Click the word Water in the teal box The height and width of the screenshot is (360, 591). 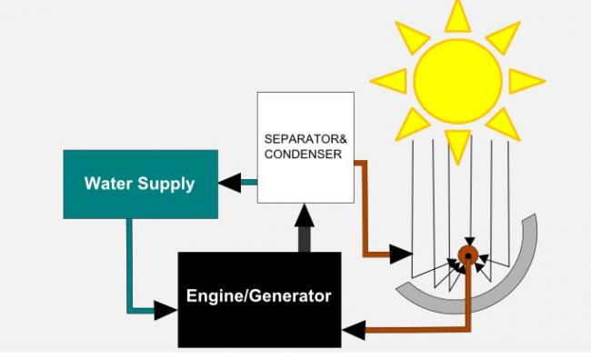coord(108,184)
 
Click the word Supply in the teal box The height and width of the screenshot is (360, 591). coord(166,185)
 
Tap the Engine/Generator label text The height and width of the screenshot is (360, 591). coord(258,296)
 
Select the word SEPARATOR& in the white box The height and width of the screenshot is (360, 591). coord(306,139)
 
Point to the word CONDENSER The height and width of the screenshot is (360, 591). coord(303,154)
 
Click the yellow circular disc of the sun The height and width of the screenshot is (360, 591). coord(457,81)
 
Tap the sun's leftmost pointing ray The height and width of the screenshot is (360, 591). coord(389,81)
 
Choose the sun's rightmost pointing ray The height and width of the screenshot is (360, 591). coord(527,81)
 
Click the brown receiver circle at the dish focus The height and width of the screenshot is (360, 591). coord(468,255)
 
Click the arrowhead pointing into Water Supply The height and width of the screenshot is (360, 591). coord(229,182)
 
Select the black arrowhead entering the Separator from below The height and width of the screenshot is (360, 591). coord(305,215)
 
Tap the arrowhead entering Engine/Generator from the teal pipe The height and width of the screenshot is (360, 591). coord(165,311)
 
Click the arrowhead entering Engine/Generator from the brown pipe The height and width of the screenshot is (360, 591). coord(354,330)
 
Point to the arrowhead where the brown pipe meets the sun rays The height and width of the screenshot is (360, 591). coord(401,254)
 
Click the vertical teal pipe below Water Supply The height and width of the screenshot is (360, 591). coord(129,264)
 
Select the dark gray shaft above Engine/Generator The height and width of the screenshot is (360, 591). coord(305,239)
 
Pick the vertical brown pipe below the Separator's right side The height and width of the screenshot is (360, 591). coord(365,208)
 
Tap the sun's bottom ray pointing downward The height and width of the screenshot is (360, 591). coord(458,147)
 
